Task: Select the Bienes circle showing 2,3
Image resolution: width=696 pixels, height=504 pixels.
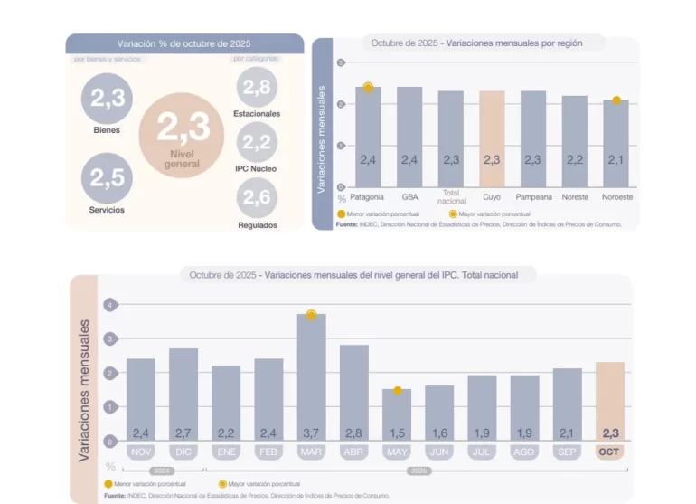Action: click(107, 98)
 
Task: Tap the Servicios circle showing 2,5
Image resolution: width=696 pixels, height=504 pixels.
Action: click(107, 177)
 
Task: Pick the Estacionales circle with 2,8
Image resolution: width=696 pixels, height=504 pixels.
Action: click(257, 88)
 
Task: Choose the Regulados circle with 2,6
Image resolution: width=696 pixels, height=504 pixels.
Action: click(257, 198)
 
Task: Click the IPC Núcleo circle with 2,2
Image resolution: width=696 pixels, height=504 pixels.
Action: click(257, 143)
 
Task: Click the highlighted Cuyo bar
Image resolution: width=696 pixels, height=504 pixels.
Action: click(492, 139)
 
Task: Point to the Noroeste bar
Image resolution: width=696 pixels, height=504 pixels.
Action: click(616, 143)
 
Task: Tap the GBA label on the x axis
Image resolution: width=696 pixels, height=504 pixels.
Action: click(409, 196)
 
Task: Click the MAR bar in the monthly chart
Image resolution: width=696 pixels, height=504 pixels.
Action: click(311, 376)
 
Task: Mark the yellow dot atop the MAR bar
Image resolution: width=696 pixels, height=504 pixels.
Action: click(311, 315)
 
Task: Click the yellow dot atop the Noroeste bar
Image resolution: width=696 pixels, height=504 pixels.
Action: click(616, 100)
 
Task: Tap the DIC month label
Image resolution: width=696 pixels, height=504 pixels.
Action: click(183, 451)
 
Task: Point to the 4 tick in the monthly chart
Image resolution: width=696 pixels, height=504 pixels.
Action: click(110, 306)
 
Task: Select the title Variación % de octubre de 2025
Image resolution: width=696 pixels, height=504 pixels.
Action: click(183, 43)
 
